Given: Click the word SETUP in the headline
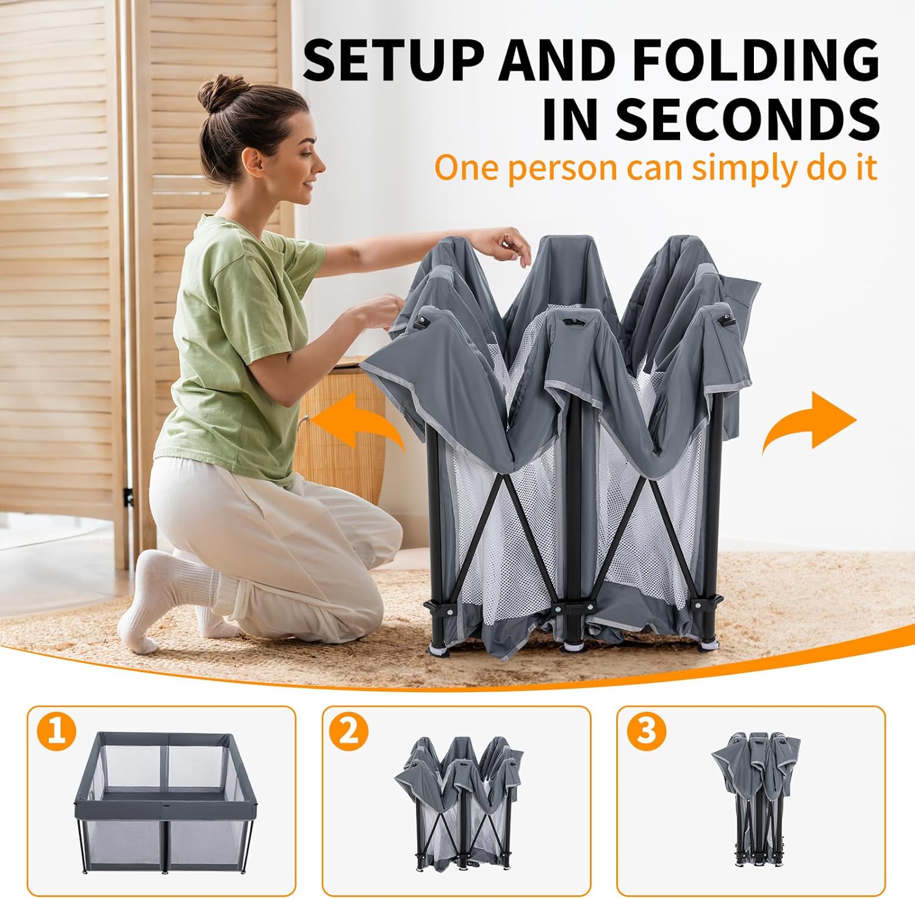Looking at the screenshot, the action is click(x=393, y=60).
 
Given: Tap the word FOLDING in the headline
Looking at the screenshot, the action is click(x=755, y=60).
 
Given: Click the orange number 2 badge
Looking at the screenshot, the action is click(x=349, y=731).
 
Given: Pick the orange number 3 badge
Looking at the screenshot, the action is click(x=646, y=731).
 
